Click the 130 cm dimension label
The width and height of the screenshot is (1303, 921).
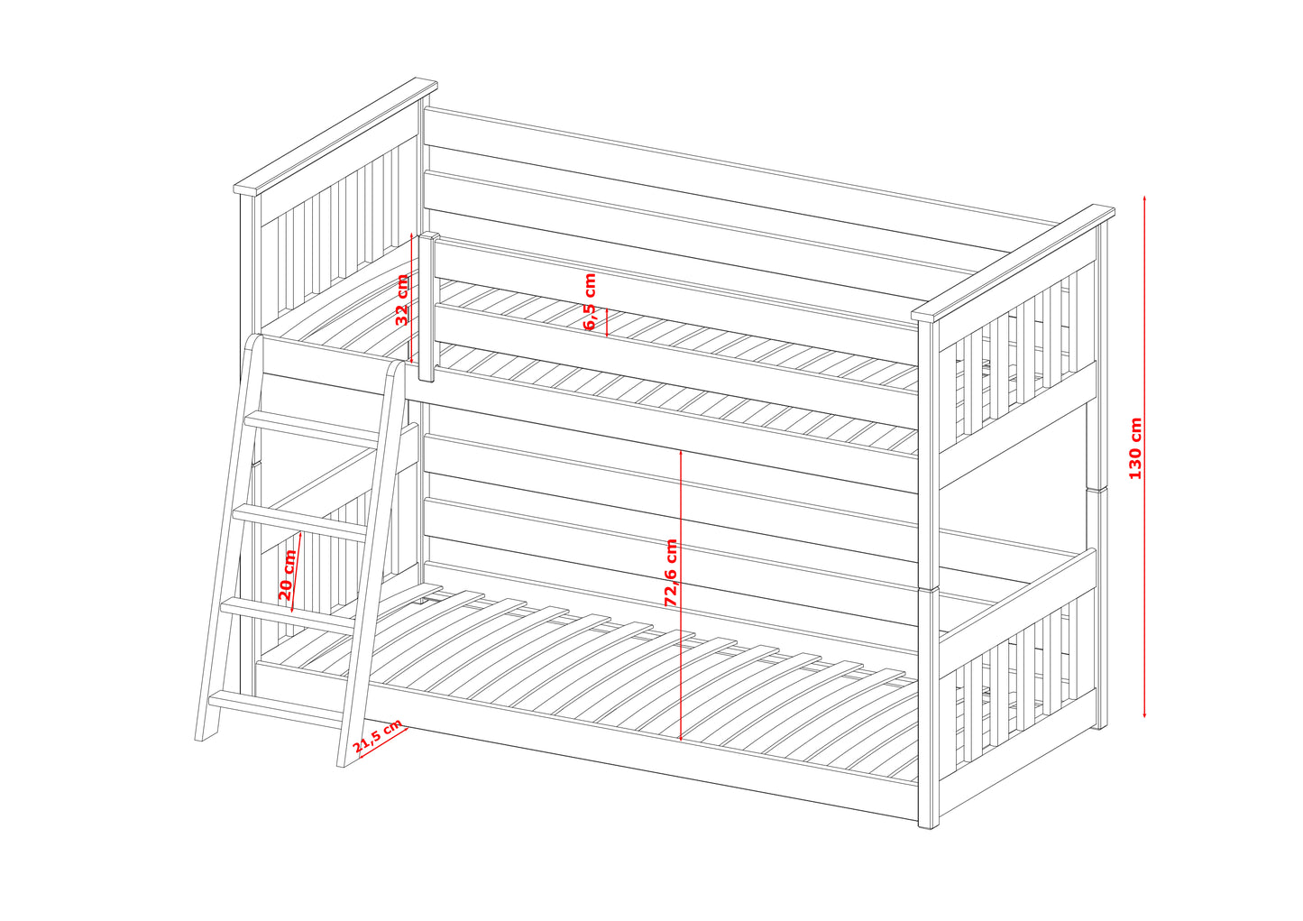[x=1135, y=448]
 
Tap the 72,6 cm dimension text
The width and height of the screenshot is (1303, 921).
[x=671, y=573]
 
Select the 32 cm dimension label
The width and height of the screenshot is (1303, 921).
[x=402, y=299]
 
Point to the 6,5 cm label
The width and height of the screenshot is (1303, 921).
[x=590, y=301]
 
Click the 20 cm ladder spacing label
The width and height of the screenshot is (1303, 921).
[x=288, y=575]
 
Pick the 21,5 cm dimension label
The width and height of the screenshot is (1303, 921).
[x=377, y=735]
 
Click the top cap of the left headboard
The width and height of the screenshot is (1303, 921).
[x=335, y=136]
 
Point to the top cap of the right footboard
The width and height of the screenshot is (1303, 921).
[x=1013, y=263]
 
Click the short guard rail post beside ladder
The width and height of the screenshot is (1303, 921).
[x=428, y=307]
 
